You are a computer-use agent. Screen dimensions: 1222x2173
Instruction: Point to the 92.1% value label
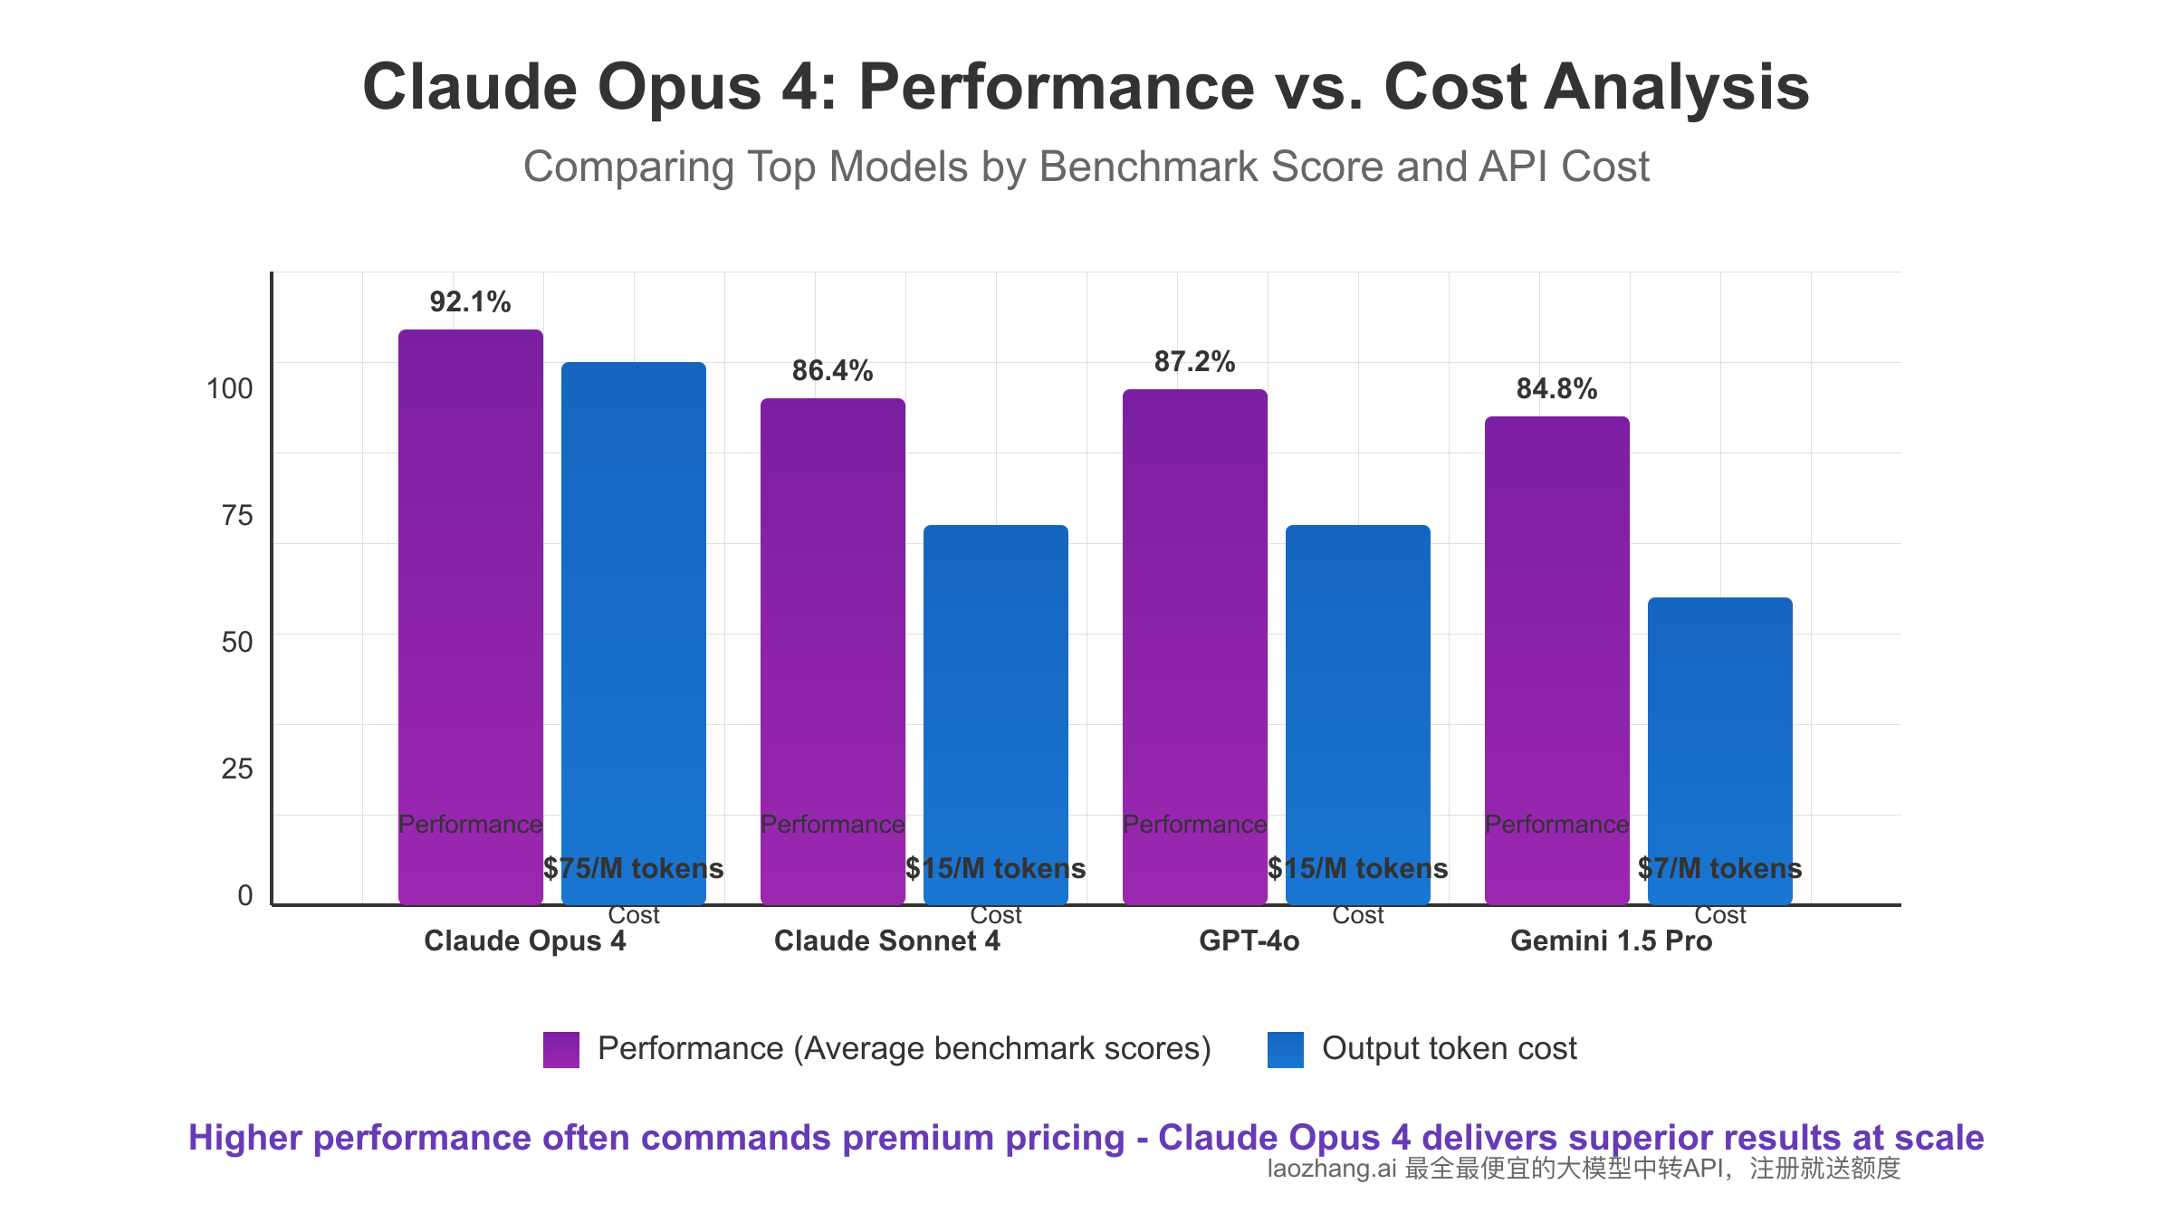(x=470, y=302)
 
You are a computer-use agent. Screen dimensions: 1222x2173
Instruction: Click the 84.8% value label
(x=1556, y=389)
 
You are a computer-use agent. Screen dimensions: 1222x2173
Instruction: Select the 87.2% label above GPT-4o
(x=1194, y=362)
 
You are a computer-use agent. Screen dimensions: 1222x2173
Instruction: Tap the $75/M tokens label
(x=634, y=869)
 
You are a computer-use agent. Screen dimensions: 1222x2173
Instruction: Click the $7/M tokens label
(x=1719, y=869)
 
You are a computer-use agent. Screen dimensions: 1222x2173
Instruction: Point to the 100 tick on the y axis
(x=230, y=389)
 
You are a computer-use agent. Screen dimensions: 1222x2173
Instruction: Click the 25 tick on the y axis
(x=237, y=769)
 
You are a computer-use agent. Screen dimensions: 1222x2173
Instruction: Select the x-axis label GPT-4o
(x=1249, y=941)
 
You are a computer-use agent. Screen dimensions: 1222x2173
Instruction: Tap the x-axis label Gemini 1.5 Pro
(x=1611, y=941)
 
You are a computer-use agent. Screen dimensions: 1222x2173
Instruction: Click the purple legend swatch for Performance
(x=561, y=1050)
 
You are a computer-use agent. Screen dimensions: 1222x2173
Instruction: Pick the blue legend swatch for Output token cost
(x=1286, y=1050)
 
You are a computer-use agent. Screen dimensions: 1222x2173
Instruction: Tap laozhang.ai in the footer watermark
(x=1331, y=1169)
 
